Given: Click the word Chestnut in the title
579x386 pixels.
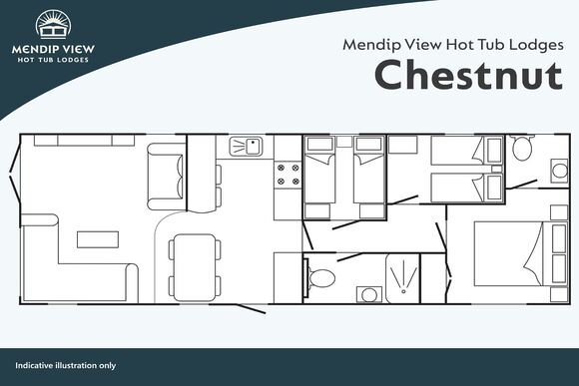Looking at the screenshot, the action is click(x=468, y=75).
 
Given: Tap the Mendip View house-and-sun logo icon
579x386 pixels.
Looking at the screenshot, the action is click(x=54, y=24).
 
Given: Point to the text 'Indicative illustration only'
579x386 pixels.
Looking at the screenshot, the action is click(x=65, y=366).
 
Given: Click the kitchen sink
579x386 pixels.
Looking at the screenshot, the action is click(x=246, y=147).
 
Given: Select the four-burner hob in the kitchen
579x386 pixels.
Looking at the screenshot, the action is click(x=289, y=175).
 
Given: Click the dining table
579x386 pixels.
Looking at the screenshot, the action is click(x=195, y=267).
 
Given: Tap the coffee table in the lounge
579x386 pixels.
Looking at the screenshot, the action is click(x=98, y=239).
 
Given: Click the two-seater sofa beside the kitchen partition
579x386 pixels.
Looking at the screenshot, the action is click(x=166, y=177).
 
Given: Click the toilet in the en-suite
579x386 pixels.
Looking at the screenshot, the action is click(x=521, y=148).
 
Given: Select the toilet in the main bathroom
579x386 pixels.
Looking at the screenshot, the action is click(x=319, y=278).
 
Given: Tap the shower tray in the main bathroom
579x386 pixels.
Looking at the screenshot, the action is click(x=403, y=278).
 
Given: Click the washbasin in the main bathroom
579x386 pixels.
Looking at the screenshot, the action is click(x=369, y=294).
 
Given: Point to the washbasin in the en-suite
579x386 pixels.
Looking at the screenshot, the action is click(x=559, y=171).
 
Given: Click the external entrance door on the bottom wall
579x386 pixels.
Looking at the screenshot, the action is click(x=252, y=309).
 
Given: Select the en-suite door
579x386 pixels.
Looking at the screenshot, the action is click(x=521, y=185).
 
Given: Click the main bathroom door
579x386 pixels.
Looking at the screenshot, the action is click(x=350, y=257).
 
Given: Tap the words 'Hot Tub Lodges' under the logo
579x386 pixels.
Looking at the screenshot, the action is click(x=53, y=60).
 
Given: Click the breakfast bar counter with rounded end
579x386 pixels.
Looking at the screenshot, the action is click(x=202, y=174).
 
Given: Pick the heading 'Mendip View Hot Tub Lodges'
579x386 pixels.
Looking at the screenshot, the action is click(x=453, y=45).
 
